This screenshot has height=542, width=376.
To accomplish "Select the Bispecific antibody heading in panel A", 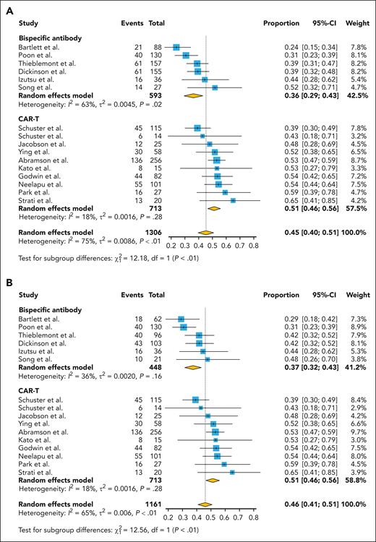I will tap(51, 35).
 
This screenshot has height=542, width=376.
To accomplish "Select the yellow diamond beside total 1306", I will tap(206, 233).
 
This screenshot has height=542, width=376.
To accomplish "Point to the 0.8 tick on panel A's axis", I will tap(255, 246).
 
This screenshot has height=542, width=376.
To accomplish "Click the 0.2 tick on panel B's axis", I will tap(168, 516).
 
